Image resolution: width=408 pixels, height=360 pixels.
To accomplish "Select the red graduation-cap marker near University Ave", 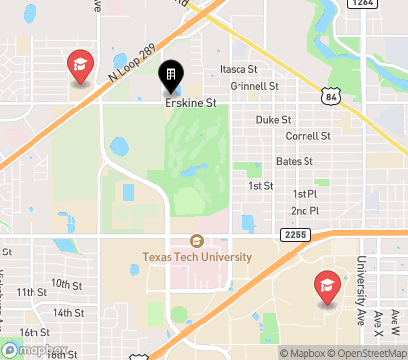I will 327,288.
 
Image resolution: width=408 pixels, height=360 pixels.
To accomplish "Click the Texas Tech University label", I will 197,257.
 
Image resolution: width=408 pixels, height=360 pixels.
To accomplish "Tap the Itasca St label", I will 238,69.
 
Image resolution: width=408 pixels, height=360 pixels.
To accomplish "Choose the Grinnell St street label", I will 254,86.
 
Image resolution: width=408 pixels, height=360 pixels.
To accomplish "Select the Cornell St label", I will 307,136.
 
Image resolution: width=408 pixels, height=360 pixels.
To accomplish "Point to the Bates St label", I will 295,161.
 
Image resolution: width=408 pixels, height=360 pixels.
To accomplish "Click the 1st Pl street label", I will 305,195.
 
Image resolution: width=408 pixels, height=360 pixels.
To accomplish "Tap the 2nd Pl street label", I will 305,211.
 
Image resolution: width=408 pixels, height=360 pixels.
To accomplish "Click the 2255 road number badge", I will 295,234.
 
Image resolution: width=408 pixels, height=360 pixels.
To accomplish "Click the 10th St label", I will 68,284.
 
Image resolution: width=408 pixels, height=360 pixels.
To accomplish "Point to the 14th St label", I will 68,312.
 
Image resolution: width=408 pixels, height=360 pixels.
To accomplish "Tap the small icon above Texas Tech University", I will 196,241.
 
